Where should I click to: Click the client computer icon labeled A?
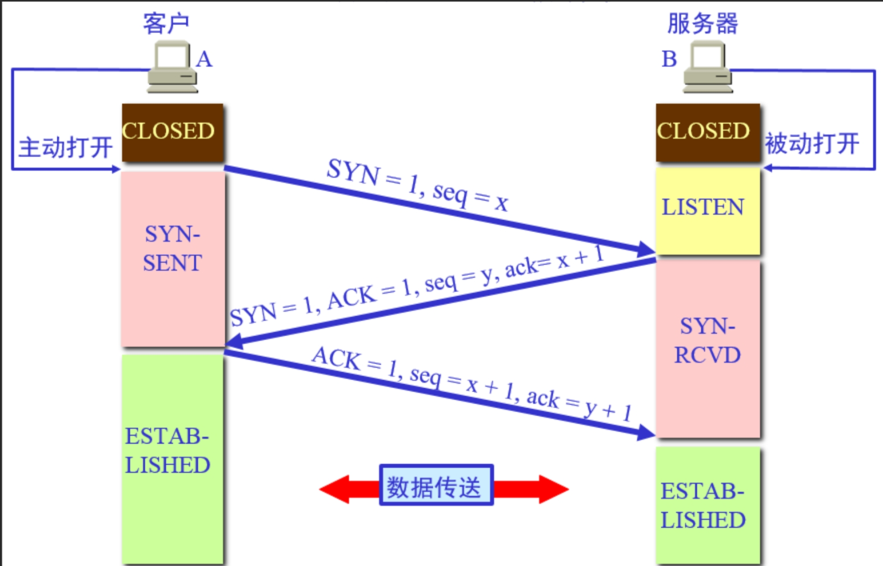(x=172, y=67)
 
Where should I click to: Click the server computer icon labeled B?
(x=708, y=68)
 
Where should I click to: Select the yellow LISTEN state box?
(x=707, y=210)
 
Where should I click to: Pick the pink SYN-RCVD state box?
(x=708, y=349)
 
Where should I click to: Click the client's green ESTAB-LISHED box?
(x=172, y=457)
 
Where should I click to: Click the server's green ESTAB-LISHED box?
(x=707, y=505)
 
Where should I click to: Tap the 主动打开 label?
(x=66, y=147)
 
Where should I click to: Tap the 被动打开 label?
(x=812, y=143)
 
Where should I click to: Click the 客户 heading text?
(x=166, y=23)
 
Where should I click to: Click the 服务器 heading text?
(x=702, y=23)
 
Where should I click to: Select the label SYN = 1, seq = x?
(x=417, y=185)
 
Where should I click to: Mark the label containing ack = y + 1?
(x=472, y=384)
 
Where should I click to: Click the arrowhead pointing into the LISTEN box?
(x=646, y=249)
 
